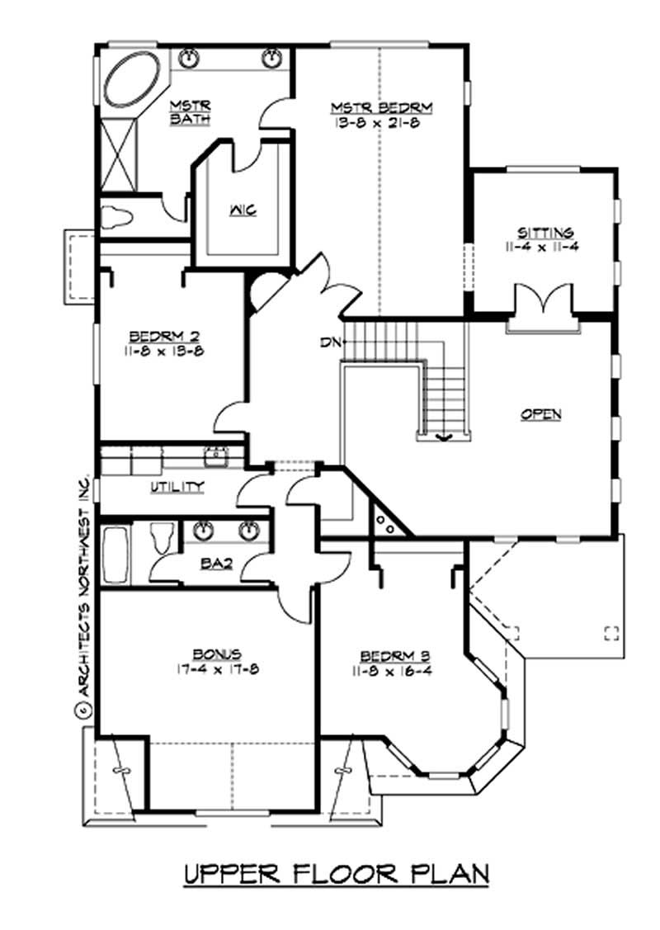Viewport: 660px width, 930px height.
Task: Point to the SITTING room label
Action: (x=545, y=232)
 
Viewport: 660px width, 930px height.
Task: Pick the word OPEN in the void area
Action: (x=541, y=414)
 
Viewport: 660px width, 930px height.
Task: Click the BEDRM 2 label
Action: (x=167, y=336)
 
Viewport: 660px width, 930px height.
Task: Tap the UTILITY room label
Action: (x=177, y=487)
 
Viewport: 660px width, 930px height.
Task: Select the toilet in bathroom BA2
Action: (x=161, y=539)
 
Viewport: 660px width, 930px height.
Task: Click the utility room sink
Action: (x=217, y=453)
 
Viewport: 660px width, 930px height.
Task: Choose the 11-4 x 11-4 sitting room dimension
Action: (x=545, y=245)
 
